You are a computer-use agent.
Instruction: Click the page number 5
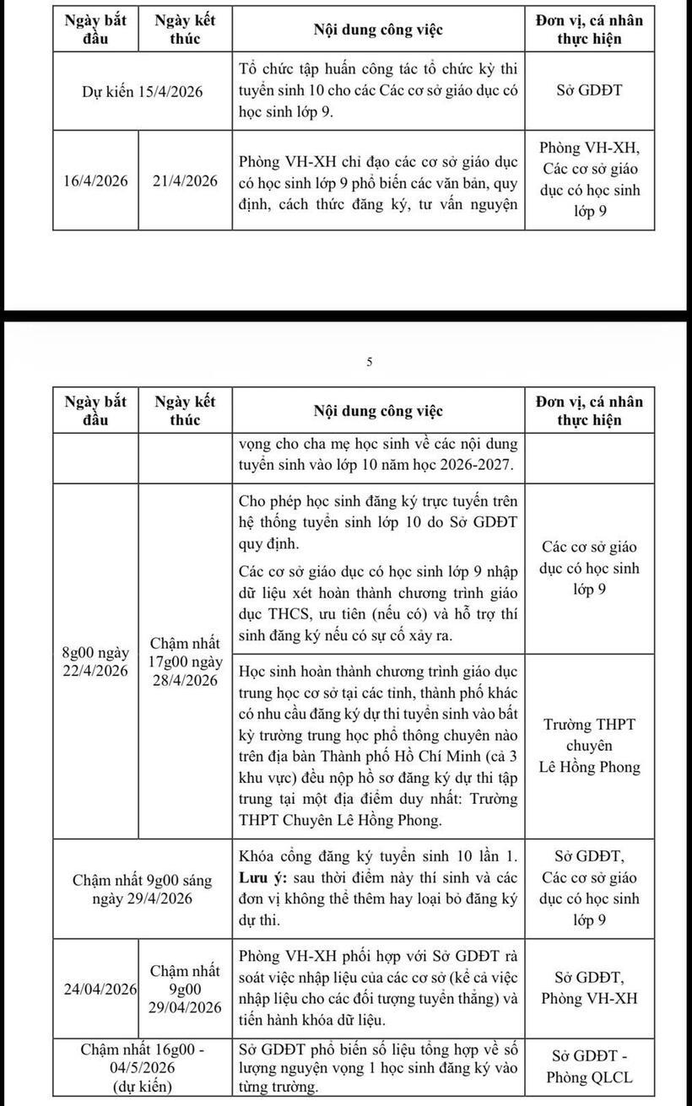click(369, 362)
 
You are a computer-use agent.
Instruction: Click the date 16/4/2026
click(95, 181)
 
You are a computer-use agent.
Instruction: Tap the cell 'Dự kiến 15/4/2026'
click(142, 92)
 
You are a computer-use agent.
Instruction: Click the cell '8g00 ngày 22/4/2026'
click(95, 661)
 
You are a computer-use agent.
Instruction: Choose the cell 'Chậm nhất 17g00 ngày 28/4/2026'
click(185, 661)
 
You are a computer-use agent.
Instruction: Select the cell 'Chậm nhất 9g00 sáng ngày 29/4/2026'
click(142, 888)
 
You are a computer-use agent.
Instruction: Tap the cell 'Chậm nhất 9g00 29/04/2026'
click(185, 989)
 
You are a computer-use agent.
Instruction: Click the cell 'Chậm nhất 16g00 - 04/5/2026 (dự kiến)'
click(142, 1067)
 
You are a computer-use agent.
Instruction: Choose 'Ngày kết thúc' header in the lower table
click(185, 411)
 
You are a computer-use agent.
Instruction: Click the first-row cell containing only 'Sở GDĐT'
click(589, 90)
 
